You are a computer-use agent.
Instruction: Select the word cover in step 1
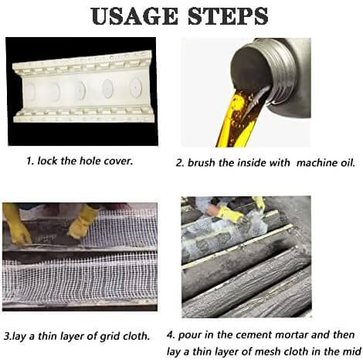[136, 162]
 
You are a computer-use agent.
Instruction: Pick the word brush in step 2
[205, 163]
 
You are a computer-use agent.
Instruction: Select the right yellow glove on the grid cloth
[82, 220]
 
